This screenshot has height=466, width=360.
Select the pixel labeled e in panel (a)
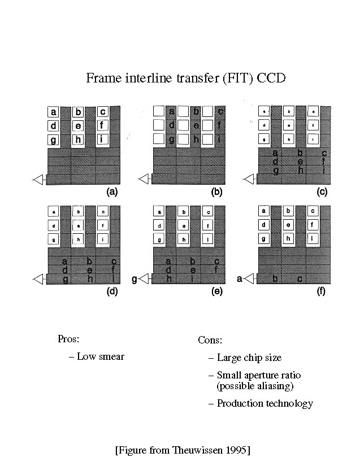pos(79,125)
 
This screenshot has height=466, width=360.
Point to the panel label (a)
pos(112,192)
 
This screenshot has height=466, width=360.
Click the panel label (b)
pos(216,192)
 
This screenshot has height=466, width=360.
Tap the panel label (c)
pos(322,192)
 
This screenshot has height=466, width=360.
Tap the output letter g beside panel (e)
pos(134,278)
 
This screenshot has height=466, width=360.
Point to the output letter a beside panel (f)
pos(240,278)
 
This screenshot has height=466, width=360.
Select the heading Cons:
pos(210,340)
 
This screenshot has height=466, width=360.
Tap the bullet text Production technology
pos(264,403)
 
